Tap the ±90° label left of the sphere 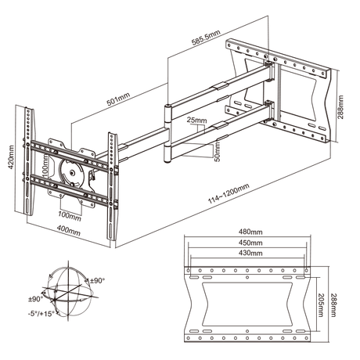point(37,298)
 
